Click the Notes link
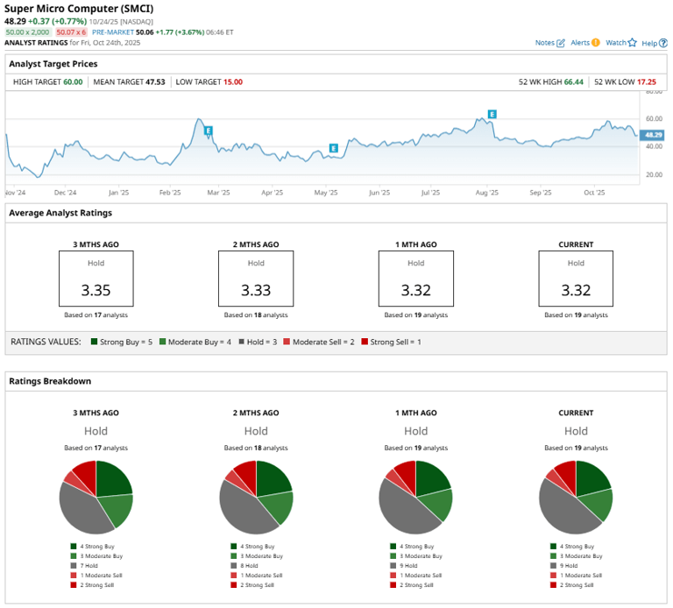[544, 42]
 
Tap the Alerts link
[580, 42]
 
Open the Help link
[648, 42]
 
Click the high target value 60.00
[73, 81]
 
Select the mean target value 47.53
[153, 81]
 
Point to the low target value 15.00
[233, 81]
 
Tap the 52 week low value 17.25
[648, 81]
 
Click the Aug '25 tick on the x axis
[486, 192]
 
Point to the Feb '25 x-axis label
[170, 192]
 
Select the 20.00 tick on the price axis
[653, 174]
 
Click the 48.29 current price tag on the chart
[652, 135]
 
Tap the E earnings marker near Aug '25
[492, 115]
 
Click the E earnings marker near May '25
[333, 148]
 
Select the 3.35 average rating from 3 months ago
[96, 291]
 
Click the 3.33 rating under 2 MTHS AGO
[256, 291]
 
